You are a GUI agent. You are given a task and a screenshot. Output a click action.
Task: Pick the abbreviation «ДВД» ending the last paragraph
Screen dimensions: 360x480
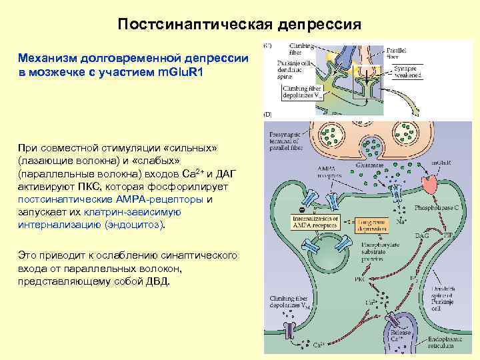point(157,281)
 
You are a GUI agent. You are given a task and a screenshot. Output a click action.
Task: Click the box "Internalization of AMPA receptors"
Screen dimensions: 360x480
point(317,221)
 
